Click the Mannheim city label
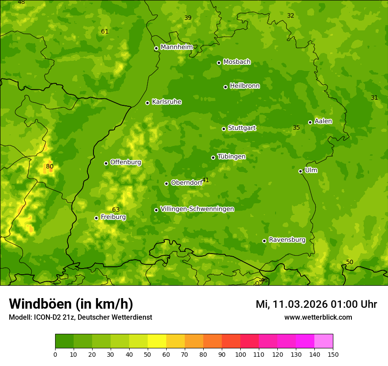pos(176,47)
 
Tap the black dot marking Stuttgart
pos(224,129)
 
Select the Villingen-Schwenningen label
pos(197,209)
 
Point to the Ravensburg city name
pos(287,240)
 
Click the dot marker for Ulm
pos(300,171)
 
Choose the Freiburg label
pos(113,217)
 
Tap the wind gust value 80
pos(50,167)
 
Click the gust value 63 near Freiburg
pos(116,209)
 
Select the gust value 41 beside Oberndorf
pos(205,180)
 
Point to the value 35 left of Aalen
pos(296,127)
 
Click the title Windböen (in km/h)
pos(71,304)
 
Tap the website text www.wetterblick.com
pos(318,317)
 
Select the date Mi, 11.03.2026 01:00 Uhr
pos(316,304)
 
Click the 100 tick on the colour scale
pos(240,354)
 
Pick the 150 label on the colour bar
pos(333,354)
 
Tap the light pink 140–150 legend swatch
pos(324,341)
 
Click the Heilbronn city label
pos(245,86)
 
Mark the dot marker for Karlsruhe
pos(147,103)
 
